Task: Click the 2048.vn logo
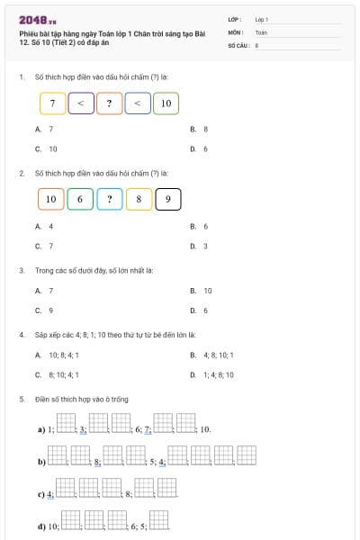point(37,19)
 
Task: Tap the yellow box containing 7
point(53,103)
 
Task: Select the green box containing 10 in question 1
point(166,103)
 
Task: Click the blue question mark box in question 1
point(109,103)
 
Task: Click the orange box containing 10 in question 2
point(50,199)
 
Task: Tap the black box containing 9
point(168,199)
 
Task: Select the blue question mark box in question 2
point(109,199)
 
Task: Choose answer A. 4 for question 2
point(44,226)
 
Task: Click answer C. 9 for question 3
point(44,310)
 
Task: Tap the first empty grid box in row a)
point(67,422)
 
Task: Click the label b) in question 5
point(41,462)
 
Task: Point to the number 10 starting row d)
point(53,526)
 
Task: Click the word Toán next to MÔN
point(261,31)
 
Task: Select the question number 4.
point(21,335)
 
